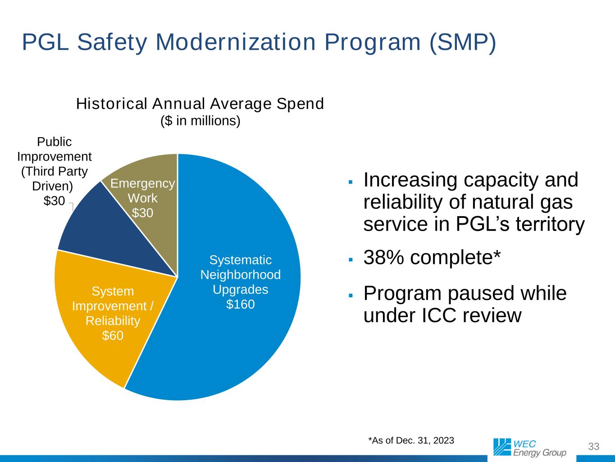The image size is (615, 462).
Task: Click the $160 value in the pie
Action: click(x=240, y=305)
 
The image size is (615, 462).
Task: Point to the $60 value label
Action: click(x=113, y=335)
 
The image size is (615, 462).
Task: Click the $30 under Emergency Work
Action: click(x=142, y=213)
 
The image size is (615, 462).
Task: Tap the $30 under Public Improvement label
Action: click(x=54, y=201)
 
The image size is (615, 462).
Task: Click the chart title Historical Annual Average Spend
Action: click(x=200, y=104)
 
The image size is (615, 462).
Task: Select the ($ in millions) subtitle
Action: click(x=200, y=121)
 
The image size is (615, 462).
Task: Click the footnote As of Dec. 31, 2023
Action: click(x=411, y=440)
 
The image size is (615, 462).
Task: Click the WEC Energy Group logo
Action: click(x=529, y=447)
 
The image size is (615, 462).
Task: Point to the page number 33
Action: click(x=594, y=447)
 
